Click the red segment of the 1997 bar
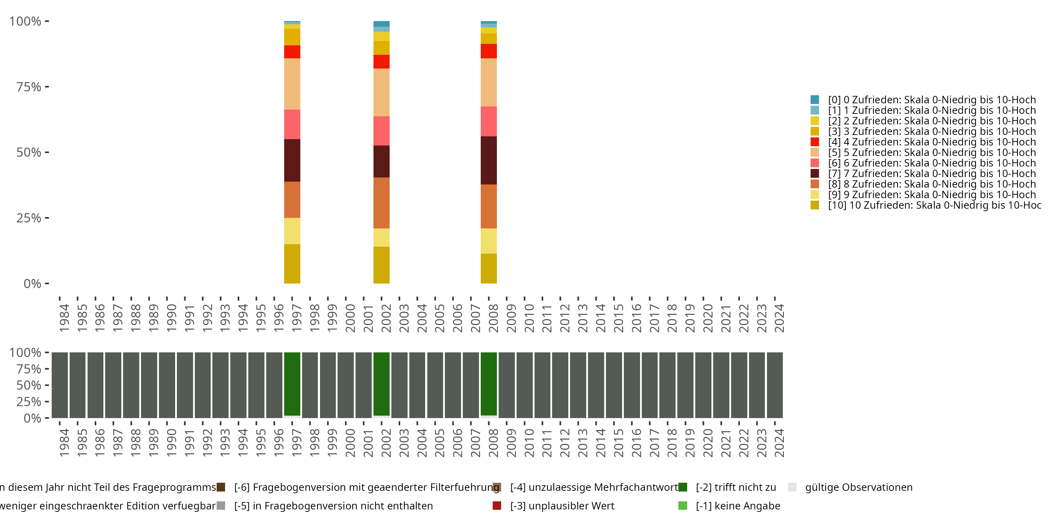[x=292, y=52]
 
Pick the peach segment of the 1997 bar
[x=292, y=84]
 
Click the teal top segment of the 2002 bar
[x=381, y=24]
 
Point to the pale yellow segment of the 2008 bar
[x=488, y=241]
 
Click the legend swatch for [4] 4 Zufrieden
[x=814, y=142]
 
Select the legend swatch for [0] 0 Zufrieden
[x=814, y=100]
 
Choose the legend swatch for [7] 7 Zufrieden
[x=814, y=174]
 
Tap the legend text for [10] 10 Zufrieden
[x=934, y=205]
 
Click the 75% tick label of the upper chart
[x=29, y=87]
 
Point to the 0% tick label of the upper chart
[x=32, y=284]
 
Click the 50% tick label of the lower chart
[x=29, y=385]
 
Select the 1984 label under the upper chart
[x=64, y=318]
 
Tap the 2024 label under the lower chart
[x=779, y=443]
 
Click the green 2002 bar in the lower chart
[x=381, y=384]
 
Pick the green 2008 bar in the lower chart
[x=488, y=384]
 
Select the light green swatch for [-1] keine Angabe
[x=683, y=506]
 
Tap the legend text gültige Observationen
[x=858, y=487]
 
